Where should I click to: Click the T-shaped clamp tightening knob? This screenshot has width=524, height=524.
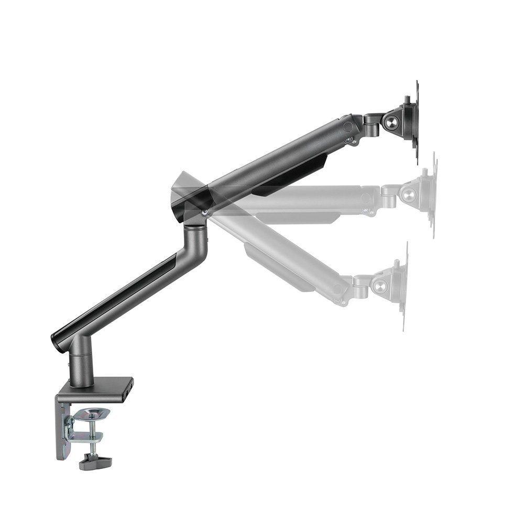(95, 462)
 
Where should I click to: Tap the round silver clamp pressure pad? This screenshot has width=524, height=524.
(91, 414)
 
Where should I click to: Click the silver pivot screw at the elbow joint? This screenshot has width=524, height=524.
(204, 212)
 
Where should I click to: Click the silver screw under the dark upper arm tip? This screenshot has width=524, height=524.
(348, 140)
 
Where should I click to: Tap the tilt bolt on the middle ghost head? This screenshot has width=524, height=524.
(407, 194)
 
